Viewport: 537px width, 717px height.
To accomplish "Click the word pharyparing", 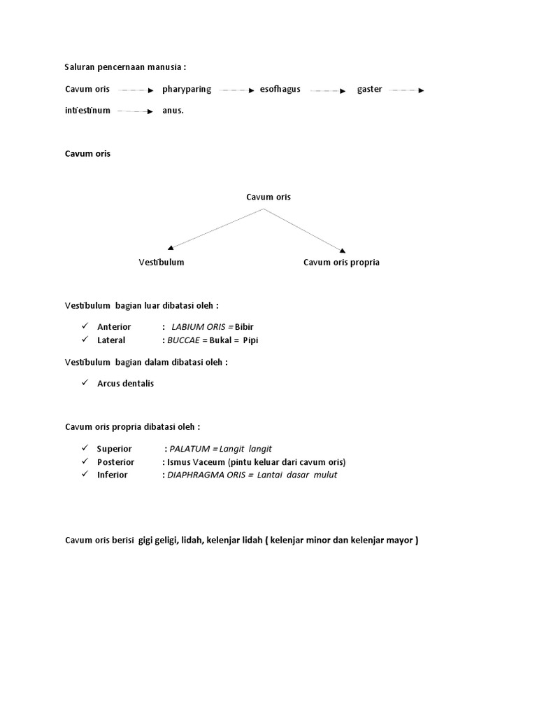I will [187, 90].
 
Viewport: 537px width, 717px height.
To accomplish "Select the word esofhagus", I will [280, 90].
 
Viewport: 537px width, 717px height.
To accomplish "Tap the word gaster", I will [369, 90].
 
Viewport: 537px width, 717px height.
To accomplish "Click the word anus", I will [173, 111].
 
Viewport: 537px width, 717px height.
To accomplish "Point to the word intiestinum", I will [87, 111].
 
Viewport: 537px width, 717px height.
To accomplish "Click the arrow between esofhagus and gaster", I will [328, 90].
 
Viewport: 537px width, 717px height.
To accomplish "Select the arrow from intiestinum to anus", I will [135, 111].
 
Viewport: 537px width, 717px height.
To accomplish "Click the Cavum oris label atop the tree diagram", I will [268, 197].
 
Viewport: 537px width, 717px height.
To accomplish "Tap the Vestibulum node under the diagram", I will [162, 263].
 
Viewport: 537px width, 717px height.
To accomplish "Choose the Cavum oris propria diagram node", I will [341, 263].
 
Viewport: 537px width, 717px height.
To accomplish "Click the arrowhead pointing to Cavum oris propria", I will [342, 250].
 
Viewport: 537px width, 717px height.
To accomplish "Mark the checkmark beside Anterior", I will [84, 326].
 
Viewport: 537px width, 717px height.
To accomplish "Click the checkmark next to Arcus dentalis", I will [84, 383].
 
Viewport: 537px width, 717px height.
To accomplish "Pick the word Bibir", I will [244, 327].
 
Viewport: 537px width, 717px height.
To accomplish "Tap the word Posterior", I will [116, 462].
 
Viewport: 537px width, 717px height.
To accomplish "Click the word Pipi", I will [251, 340].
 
